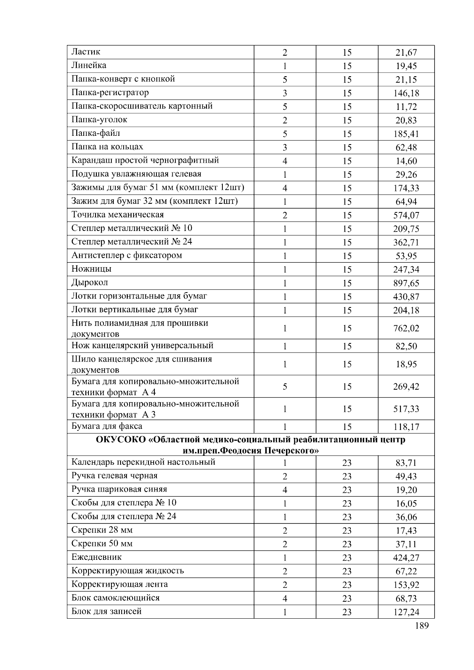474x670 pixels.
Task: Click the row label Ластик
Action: pyautogui.click(x=86, y=52)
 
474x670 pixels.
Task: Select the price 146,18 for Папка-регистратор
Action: pyautogui.click(x=406, y=93)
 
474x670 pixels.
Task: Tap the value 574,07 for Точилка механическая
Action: pyautogui.click(x=406, y=216)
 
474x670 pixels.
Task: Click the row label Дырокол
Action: pyautogui.click(x=90, y=282)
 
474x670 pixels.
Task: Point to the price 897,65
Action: pyautogui.click(x=406, y=283)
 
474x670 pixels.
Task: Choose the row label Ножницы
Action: pyautogui.click(x=91, y=269)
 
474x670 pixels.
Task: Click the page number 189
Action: pyautogui.click(x=422, y=625)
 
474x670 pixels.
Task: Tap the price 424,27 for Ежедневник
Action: pyautogui.click(x=406, y=558)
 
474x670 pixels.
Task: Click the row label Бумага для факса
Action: pyautogui.click(x=107, y=426)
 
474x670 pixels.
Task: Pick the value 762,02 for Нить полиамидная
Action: pyautogui.click(x=406, y=328)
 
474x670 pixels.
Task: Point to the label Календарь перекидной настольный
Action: pyautogui.click(x=143, y=462)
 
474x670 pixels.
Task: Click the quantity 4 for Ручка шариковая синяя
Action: pyautogui.click(x=285, y=490)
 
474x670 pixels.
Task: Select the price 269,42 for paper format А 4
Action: pyautogui.click(x=406, y=387)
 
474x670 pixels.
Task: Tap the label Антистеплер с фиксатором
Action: pyautogui.click(x=126, y=255)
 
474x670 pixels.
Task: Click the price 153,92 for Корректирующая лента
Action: pyautogui.click(x=406, y=585)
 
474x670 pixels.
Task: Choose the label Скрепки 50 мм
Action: pyautogui.click(x=102, y=544)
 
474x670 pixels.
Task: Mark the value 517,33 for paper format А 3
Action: pyautogui.click(x=406, y=409)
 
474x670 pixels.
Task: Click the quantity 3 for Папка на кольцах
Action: pyautogui.click(x=285, y=148)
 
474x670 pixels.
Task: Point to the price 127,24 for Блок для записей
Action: pyautogui.click(x=406, y=612)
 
